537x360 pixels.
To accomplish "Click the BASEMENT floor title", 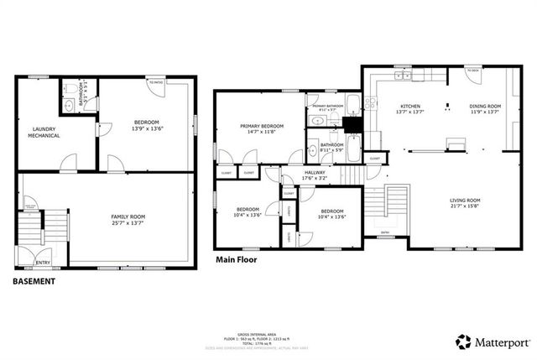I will [x=34, y=281].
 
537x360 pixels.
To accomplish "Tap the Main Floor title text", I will [x=236, y=260].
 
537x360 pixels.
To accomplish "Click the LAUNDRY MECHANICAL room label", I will [x=44, y=132].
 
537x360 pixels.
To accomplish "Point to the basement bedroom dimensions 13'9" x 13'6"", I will [x=147, y=128].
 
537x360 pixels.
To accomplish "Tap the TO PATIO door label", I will [x=154, y=82].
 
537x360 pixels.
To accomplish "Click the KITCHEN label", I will [x=410, y=107].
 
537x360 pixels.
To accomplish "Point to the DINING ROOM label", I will [x=484, y=107].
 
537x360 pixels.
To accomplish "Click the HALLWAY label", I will [x=315, y=173].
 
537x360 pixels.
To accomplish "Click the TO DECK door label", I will [x=473, y=71].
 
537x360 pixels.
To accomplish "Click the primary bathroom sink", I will [x=316, y=122].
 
